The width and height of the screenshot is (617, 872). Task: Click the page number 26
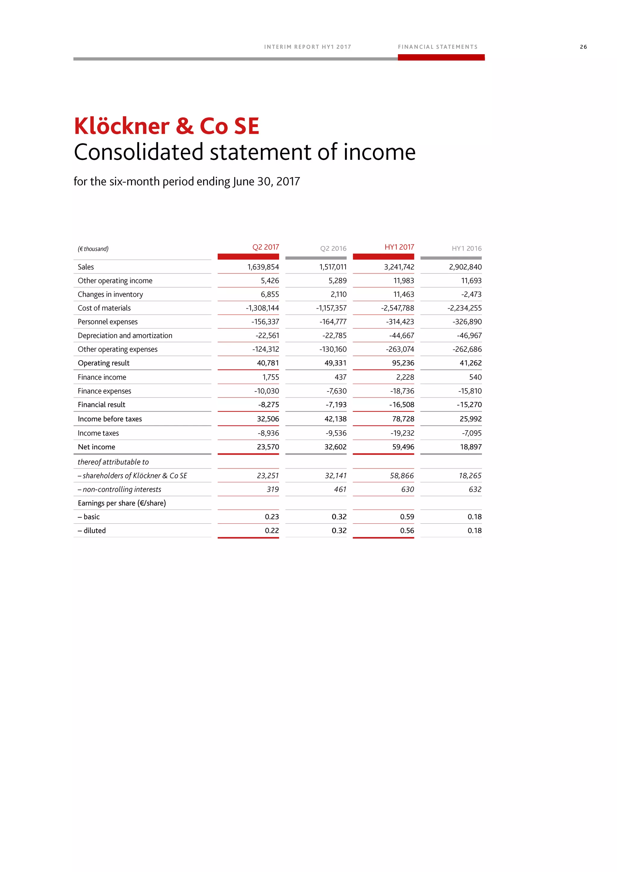pos(583,47)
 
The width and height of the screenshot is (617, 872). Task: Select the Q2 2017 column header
pos(265,247)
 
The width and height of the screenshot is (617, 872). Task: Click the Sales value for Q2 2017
pos(263,267)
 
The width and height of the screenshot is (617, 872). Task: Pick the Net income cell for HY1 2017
pos(403,447)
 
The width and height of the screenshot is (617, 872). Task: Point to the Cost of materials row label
pos(104,308)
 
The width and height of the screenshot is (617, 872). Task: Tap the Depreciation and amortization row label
pos(125,336)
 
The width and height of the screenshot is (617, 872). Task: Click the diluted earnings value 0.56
pos(407,531)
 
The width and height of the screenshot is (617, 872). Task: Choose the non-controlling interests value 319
pos(272,490)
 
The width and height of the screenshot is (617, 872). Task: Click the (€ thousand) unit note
pos(93,249)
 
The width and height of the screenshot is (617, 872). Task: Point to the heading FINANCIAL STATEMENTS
pos(438,47)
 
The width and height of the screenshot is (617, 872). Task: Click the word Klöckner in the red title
pos(122,126)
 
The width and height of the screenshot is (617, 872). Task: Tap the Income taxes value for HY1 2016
pos(471,433)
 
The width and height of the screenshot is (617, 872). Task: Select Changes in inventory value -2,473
pos(471,294)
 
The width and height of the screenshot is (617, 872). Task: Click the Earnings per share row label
pos(122,503)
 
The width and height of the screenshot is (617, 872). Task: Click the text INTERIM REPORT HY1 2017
pos(307,47)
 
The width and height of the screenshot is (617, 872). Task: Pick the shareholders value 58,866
pos(402,476)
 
